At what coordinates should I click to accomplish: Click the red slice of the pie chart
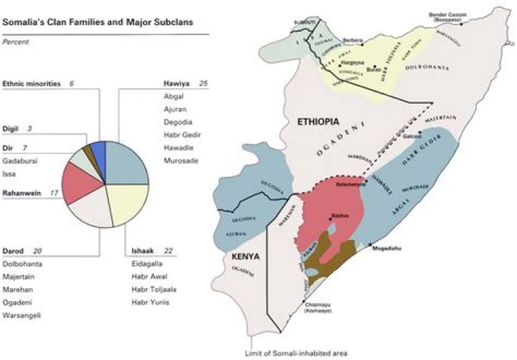[78, 181]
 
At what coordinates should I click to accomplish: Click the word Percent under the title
[15, 42]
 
